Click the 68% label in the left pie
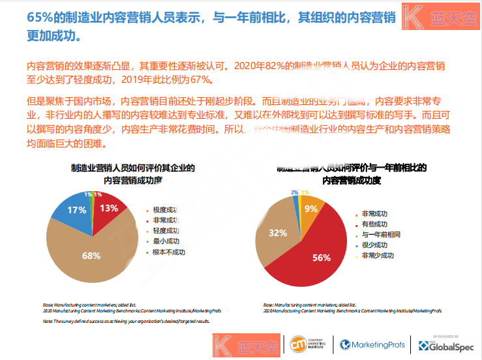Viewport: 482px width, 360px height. tap(91, 255)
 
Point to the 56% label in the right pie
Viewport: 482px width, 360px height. tap(322, 258)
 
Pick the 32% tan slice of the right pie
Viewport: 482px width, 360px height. tap(279, 233)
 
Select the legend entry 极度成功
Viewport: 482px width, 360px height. tap(165, 210)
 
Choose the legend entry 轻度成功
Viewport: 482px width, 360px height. tap(165, 231)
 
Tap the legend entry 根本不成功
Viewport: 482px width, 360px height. tap(168, 252)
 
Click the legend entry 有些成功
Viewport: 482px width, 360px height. tap(374, 224)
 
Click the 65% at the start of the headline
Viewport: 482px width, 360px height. tap(40, 17)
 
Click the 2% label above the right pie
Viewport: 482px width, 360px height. tap(295, 192)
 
